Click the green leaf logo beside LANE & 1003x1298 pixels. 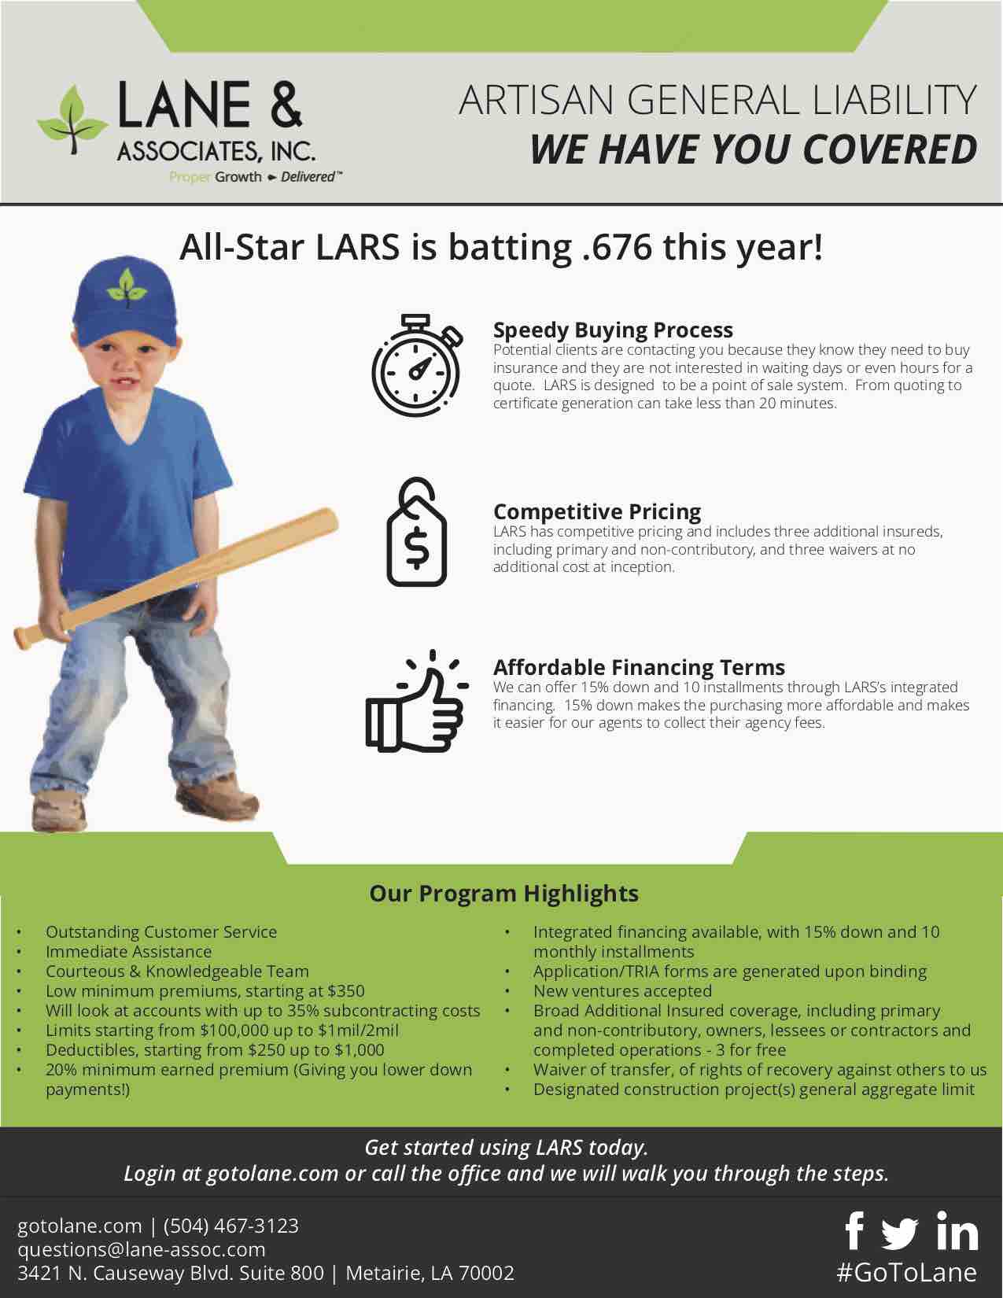tap(72, 123)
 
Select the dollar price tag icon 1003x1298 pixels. tap(416, 533)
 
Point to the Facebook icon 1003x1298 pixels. tap(854, 1231)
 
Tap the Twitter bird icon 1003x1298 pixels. tap(900, 1233)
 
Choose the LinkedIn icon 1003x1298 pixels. tap(957, 1232)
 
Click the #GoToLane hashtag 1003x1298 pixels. tap(906, 1272)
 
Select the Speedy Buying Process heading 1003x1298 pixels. tap(612, 330)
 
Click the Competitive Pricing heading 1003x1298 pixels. tap(596, 511)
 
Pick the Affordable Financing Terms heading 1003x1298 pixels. tap(638, 667)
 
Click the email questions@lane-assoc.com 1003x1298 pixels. tap(142, 1249)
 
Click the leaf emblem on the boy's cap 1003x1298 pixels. tap(127, 286)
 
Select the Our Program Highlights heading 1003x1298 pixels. tap(503, 894)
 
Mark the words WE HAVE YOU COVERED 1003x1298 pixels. tap(753, 149)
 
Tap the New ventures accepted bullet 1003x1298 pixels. tap(621, 991)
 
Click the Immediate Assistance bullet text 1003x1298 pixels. tap(128, 952)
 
